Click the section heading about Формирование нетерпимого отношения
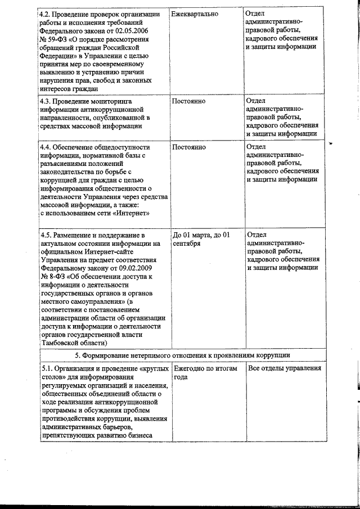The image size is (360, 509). tap(182, 355)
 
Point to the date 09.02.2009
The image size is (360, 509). tap(141, 268)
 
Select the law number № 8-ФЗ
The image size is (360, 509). tap(52, 277)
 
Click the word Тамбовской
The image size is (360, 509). tap(61, 343)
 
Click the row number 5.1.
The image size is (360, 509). tap(47, 368)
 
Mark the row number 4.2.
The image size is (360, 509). tap(47, 13)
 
